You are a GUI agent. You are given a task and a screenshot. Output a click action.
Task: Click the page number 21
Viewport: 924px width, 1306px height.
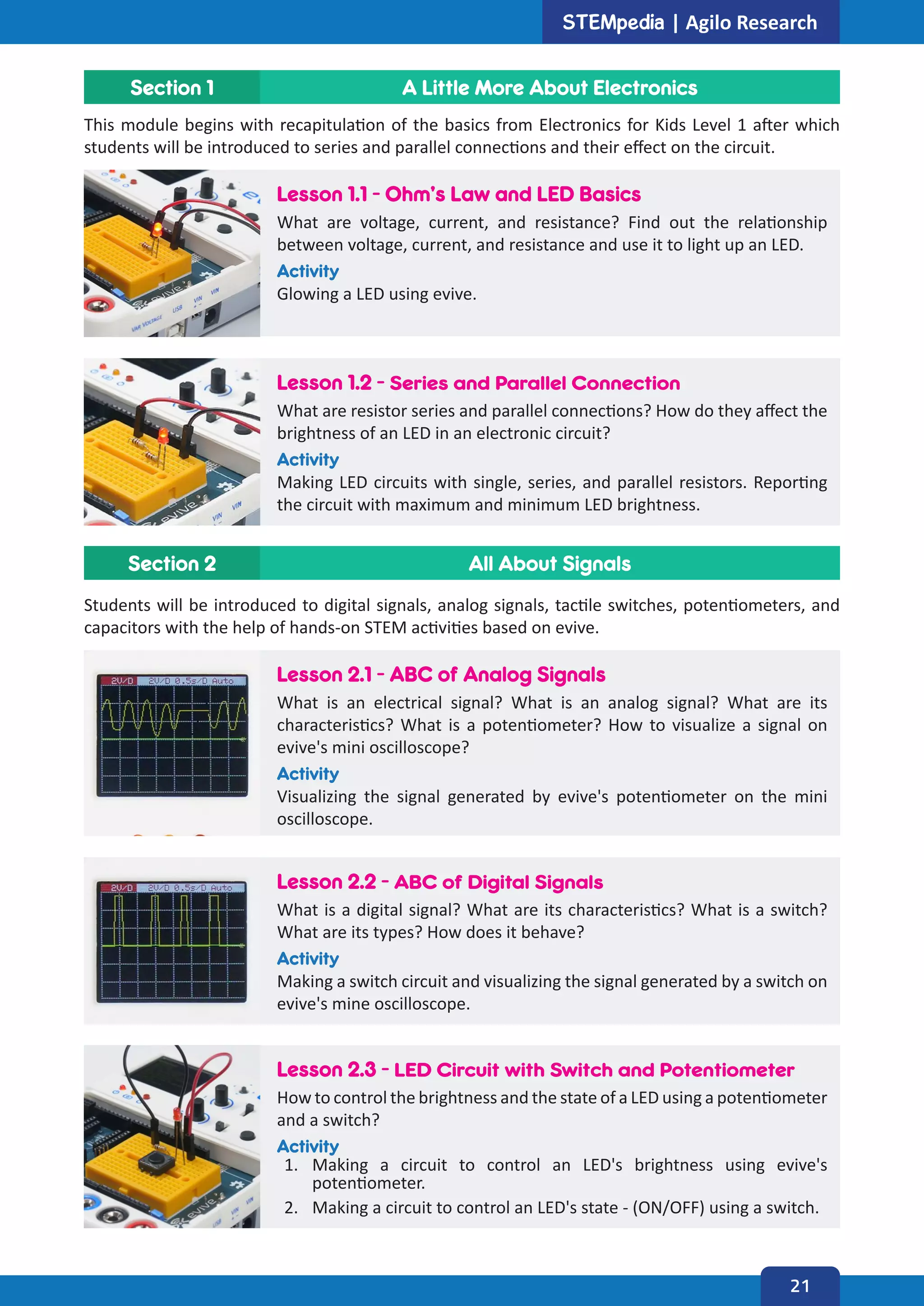tap(799, 1286)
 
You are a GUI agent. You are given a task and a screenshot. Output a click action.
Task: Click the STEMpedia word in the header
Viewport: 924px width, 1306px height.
tap(613, 23)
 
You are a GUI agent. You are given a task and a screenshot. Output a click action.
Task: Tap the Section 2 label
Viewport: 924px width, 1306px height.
tap(172, 563)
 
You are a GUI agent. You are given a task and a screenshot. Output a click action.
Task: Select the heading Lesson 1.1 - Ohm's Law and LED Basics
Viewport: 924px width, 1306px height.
tap(458, 194)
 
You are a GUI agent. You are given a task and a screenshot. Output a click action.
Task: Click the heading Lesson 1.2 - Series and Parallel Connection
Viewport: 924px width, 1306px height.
tap(478, 383)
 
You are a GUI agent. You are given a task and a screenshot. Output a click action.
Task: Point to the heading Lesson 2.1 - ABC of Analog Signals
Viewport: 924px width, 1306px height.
tap(441, 675)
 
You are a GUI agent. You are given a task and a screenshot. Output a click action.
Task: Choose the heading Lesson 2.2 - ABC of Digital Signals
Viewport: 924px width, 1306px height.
tap(440, 882)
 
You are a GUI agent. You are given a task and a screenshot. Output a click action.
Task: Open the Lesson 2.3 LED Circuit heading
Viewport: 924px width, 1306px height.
tap(535, 1070)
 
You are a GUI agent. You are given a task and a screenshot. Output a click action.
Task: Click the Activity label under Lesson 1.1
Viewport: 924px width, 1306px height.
tap(308, 271)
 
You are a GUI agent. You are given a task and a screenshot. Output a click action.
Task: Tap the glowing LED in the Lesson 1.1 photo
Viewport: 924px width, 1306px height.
tap(157, 229)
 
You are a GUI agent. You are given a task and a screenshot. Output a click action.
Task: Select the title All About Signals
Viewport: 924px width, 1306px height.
tap(549, 563)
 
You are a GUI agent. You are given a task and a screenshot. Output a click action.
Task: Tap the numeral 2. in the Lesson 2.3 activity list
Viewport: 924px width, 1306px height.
tap(291, 1207)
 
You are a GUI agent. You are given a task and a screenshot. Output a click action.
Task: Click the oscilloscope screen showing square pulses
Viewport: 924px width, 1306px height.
tap(172, 941)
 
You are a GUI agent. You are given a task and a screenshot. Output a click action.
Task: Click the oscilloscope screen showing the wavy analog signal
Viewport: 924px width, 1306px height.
tap(172, 735)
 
